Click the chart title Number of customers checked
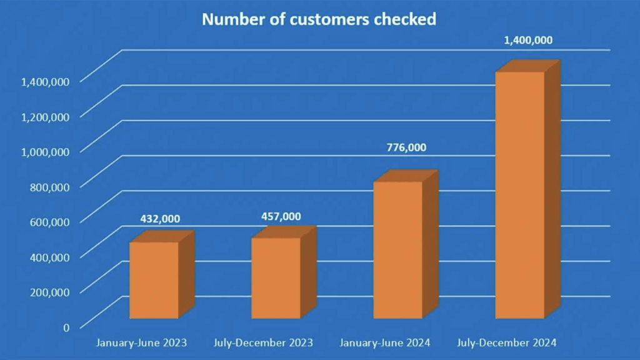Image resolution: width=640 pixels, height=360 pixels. tap(319, 19)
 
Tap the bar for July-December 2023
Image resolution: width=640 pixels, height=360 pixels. tap(276, 278)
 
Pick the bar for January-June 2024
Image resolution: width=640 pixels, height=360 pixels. tap(397, 250)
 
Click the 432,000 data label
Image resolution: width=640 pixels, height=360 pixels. tap(159, 218)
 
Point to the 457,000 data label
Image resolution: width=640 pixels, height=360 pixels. tap(281, 216)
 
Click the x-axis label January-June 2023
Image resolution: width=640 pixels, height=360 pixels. tap(141, 342)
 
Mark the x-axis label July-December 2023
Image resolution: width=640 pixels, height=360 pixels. tap(263, 342)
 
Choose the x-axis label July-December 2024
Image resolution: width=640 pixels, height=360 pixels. tap(507, 342)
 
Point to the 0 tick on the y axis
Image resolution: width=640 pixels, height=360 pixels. tap(66, 326)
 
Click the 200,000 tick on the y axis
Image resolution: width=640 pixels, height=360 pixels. tap(49, 291)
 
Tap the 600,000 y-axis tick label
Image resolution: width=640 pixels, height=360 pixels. tap(49, 221)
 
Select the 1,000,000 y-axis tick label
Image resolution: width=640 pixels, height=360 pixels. tap(45, 151)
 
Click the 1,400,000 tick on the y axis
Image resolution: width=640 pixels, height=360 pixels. tap(45, 80)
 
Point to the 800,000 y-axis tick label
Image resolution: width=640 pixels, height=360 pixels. tap(49, 186)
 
